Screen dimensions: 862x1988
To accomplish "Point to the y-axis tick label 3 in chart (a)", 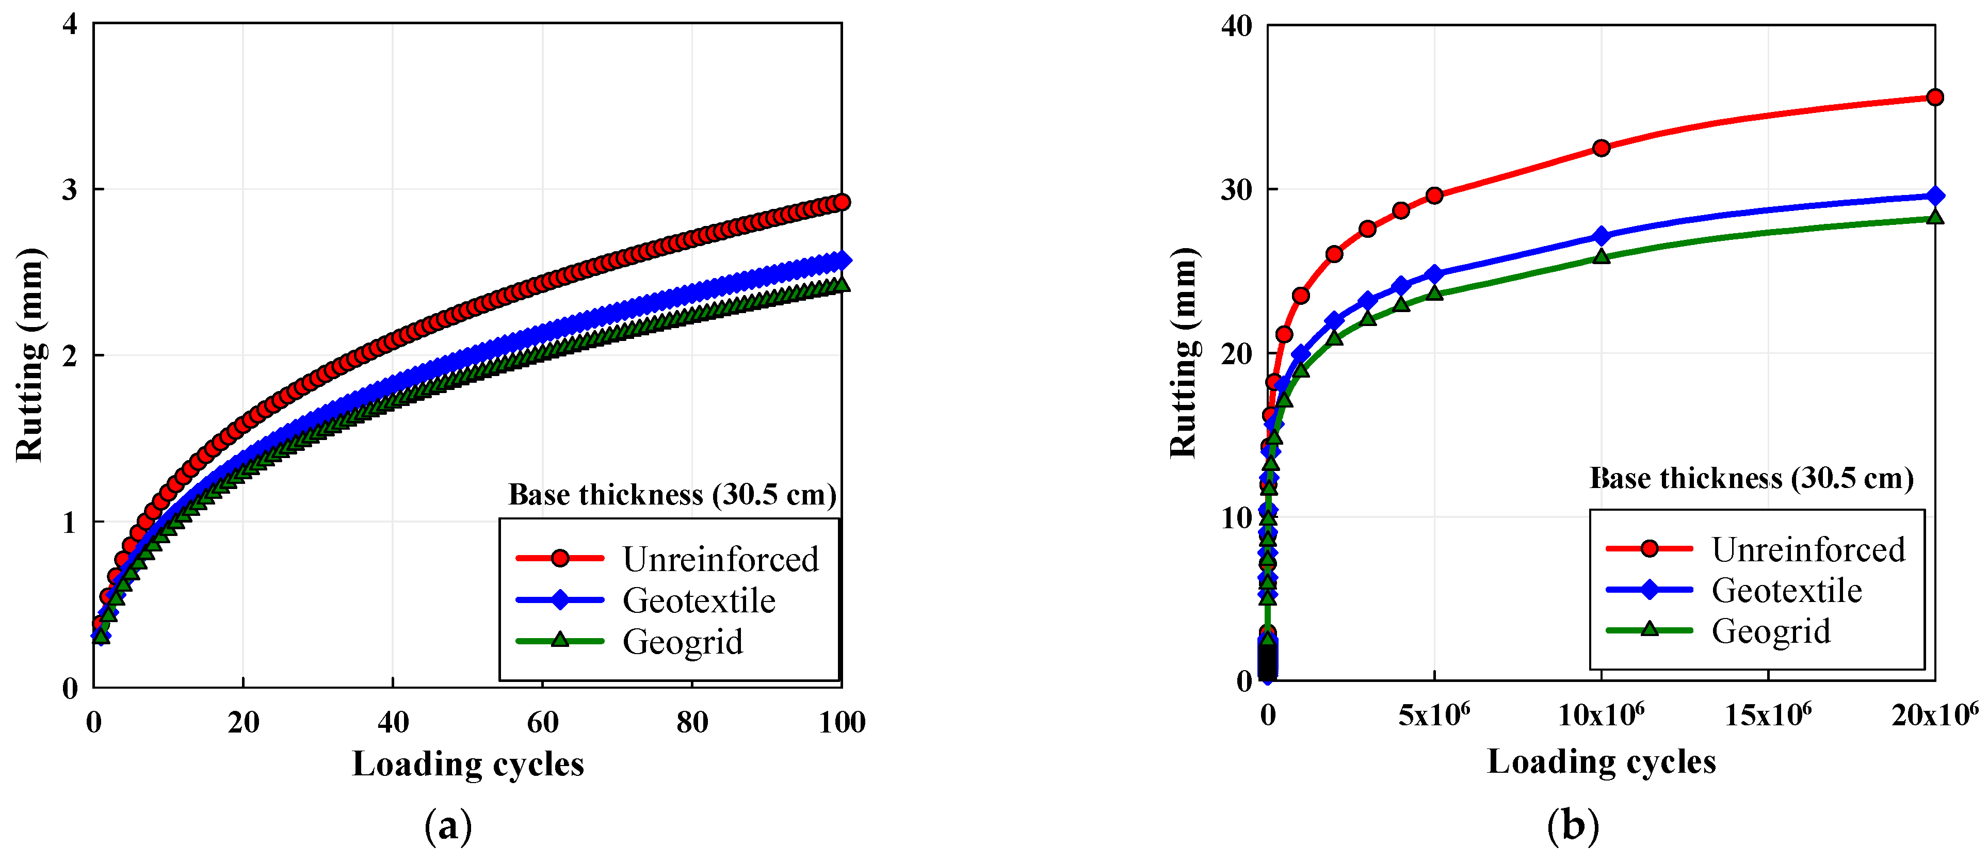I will pyautogui.click(x=70, y=190).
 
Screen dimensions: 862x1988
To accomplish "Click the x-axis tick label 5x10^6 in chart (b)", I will pyautogui.click(x=1434, y=715).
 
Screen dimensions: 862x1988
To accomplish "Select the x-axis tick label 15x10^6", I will pyautogui.click(x=1768, y=715).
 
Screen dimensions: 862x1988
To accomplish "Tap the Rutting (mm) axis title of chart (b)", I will pyautogui.click(x=1183, y=353).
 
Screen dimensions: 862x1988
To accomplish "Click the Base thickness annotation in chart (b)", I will pyautogui.click(x=1752, y=479).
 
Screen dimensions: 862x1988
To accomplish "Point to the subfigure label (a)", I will pyautogui.click(x=448, y=826).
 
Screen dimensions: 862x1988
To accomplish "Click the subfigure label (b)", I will pyautogui.click(x=1573, y=825).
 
